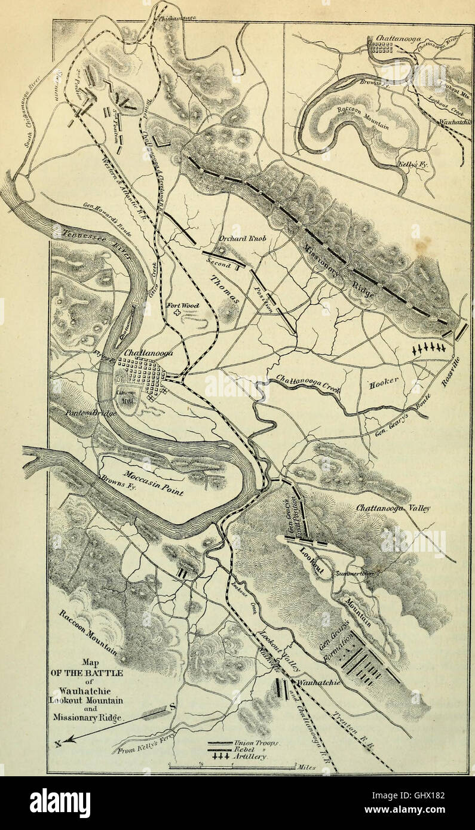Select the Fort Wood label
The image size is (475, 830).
tap(182, 305)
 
